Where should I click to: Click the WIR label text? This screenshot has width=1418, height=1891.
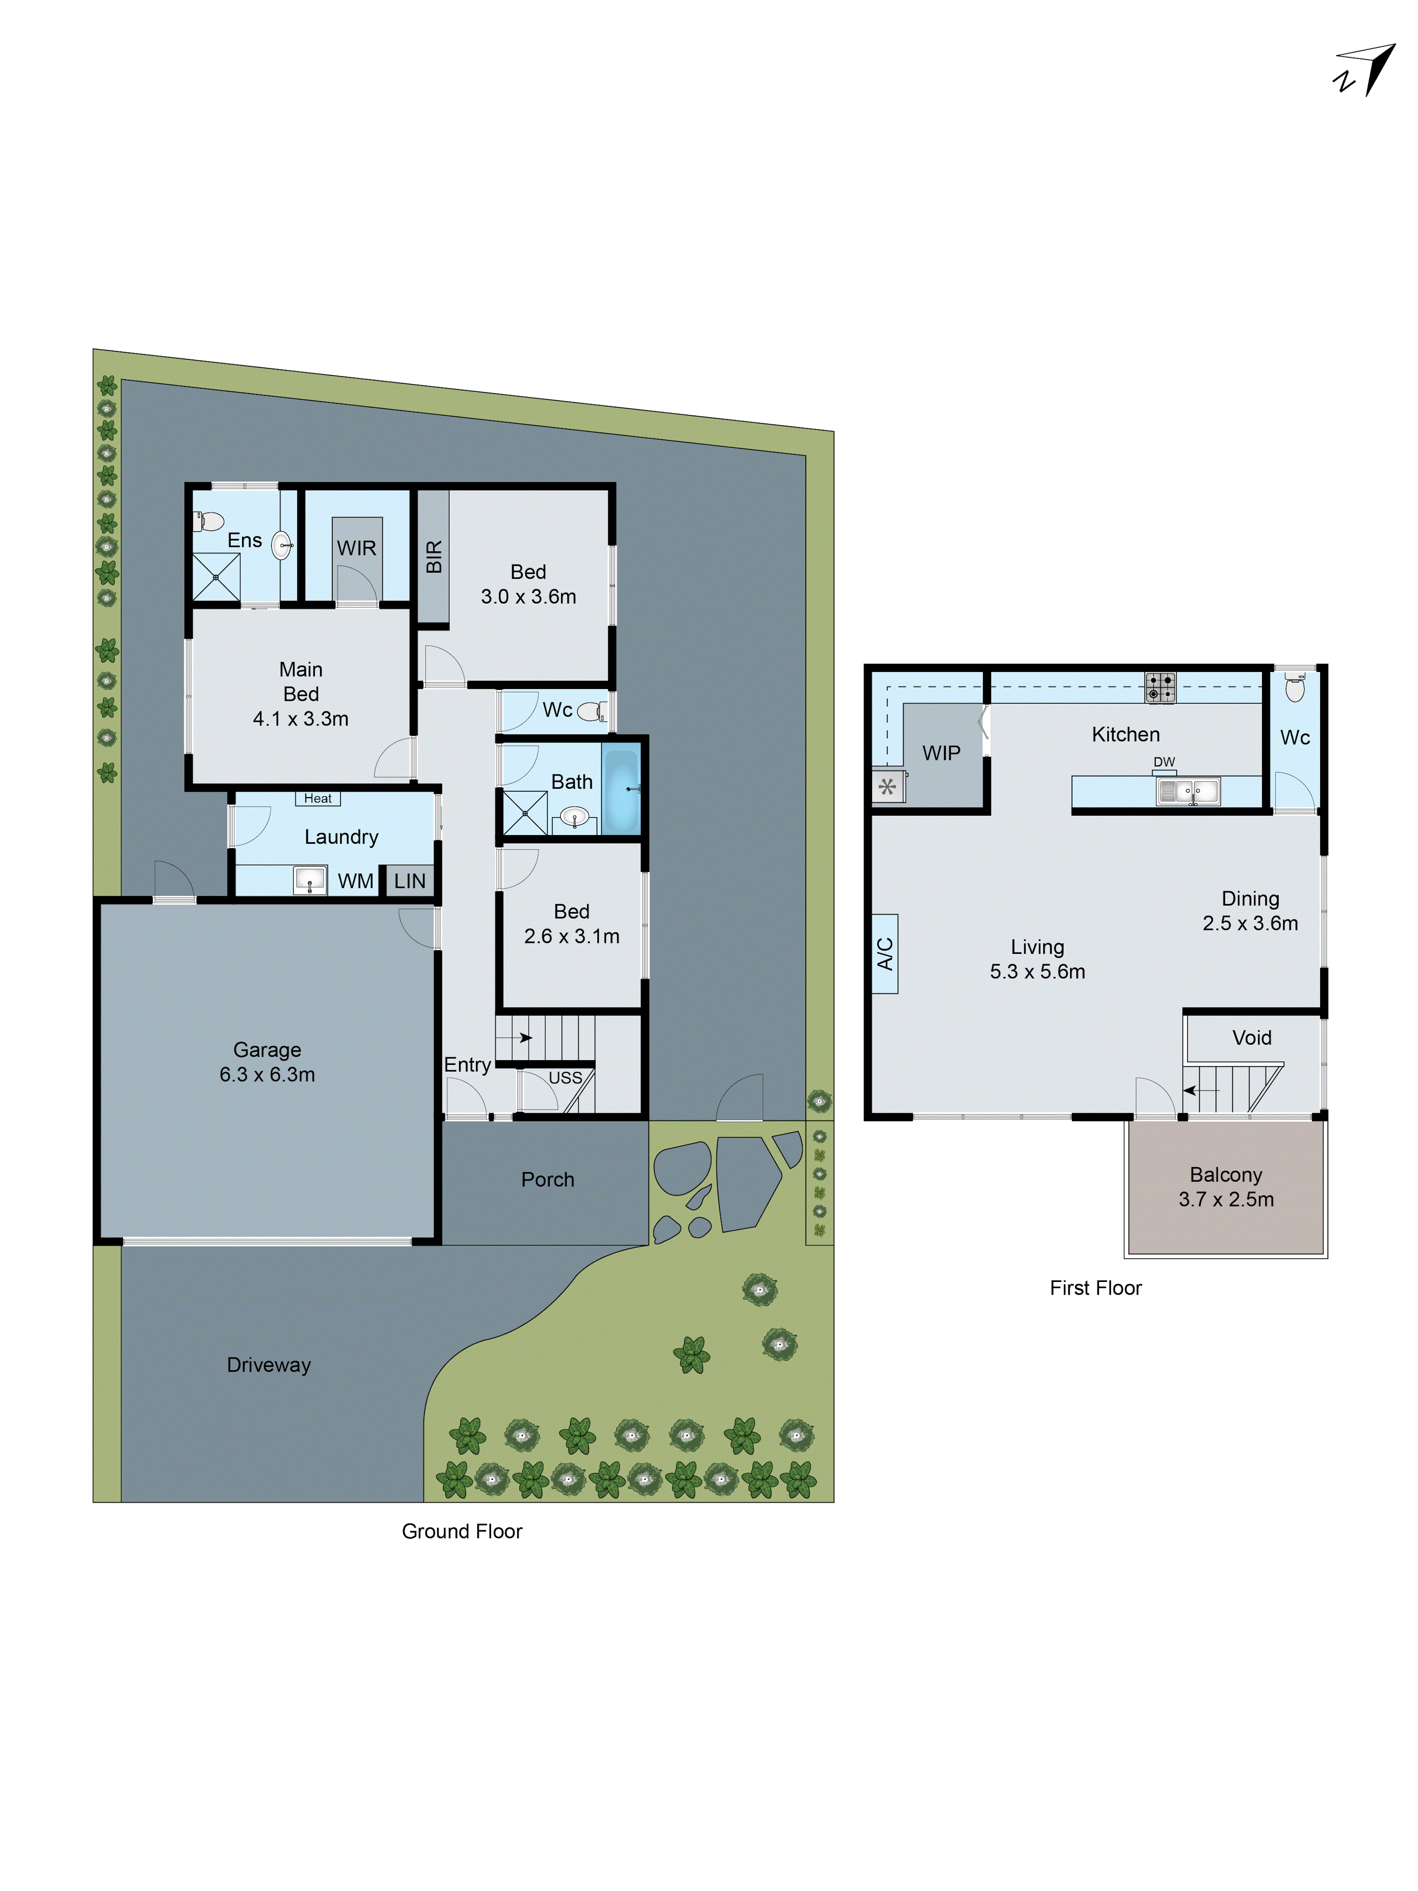pos(356,548)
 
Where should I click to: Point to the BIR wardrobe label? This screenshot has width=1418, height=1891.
pos(433,557)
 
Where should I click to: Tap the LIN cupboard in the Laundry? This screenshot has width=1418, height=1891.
pos(409,880)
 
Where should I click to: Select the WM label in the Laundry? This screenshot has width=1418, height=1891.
pos(355,880)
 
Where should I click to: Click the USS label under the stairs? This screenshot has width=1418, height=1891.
pos(565,1078)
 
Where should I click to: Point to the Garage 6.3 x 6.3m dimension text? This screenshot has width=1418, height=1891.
pos(268,1074)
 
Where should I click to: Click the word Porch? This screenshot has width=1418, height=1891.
pos(548,1180)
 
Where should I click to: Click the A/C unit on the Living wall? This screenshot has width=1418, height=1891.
pos(885,953)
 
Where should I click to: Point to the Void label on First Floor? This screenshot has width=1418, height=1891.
pos(1251,1038)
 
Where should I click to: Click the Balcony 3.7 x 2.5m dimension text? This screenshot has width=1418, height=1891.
pos(1226,1199)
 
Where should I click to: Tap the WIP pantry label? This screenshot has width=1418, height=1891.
pos(941,753)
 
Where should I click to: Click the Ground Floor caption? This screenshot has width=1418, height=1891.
pos(461,1531)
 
